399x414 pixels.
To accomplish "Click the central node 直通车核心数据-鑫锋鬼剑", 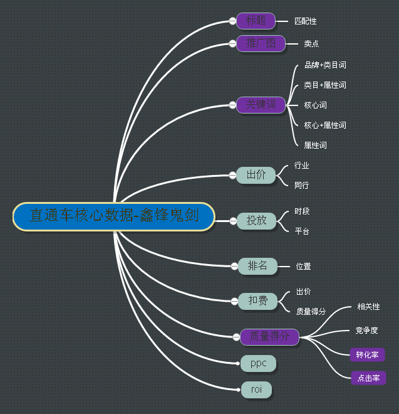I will pos(113,216).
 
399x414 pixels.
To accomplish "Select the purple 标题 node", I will pos(256,21).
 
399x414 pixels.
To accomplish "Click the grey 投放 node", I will pos(256,220).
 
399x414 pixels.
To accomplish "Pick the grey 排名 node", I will pos(257,266).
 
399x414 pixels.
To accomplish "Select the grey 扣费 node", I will pos(257,301).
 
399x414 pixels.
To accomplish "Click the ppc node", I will pos(258,363).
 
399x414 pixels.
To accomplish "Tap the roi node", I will pos(257,390).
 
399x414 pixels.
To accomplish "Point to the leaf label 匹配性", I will pos(306,21).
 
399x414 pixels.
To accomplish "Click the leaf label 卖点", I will pos(311,44).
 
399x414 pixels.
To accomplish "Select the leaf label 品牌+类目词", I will pos(325,65).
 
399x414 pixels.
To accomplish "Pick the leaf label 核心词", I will pos(315,105).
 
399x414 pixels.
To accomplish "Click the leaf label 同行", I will pos(302,186).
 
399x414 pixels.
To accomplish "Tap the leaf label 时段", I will pos(302,211).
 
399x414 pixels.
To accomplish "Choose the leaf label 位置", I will pos(303,267).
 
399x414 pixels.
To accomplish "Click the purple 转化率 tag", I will pos(367,354).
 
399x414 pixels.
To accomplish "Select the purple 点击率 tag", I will pos(368,378).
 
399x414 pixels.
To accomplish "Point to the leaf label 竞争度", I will pos(367,331).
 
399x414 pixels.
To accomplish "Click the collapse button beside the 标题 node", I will pos(232,21).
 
